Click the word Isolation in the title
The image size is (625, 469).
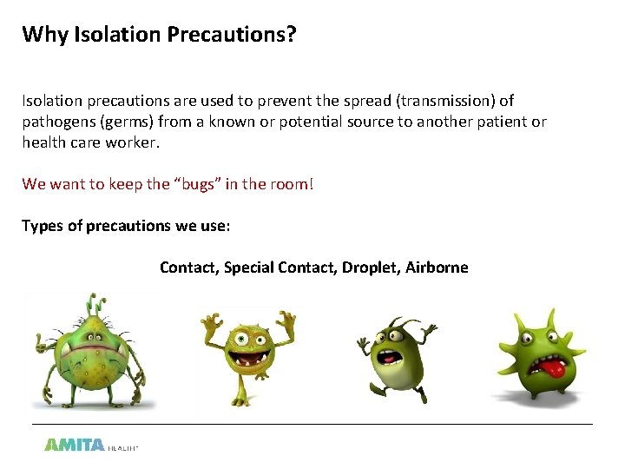coord(109,34)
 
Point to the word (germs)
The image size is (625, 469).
coord(133,122)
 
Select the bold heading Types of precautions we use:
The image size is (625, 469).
coord(126,226)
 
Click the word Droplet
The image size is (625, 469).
coord(370,268)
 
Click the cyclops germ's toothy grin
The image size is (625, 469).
coord(243,357)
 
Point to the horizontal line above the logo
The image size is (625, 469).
coord(312,424)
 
